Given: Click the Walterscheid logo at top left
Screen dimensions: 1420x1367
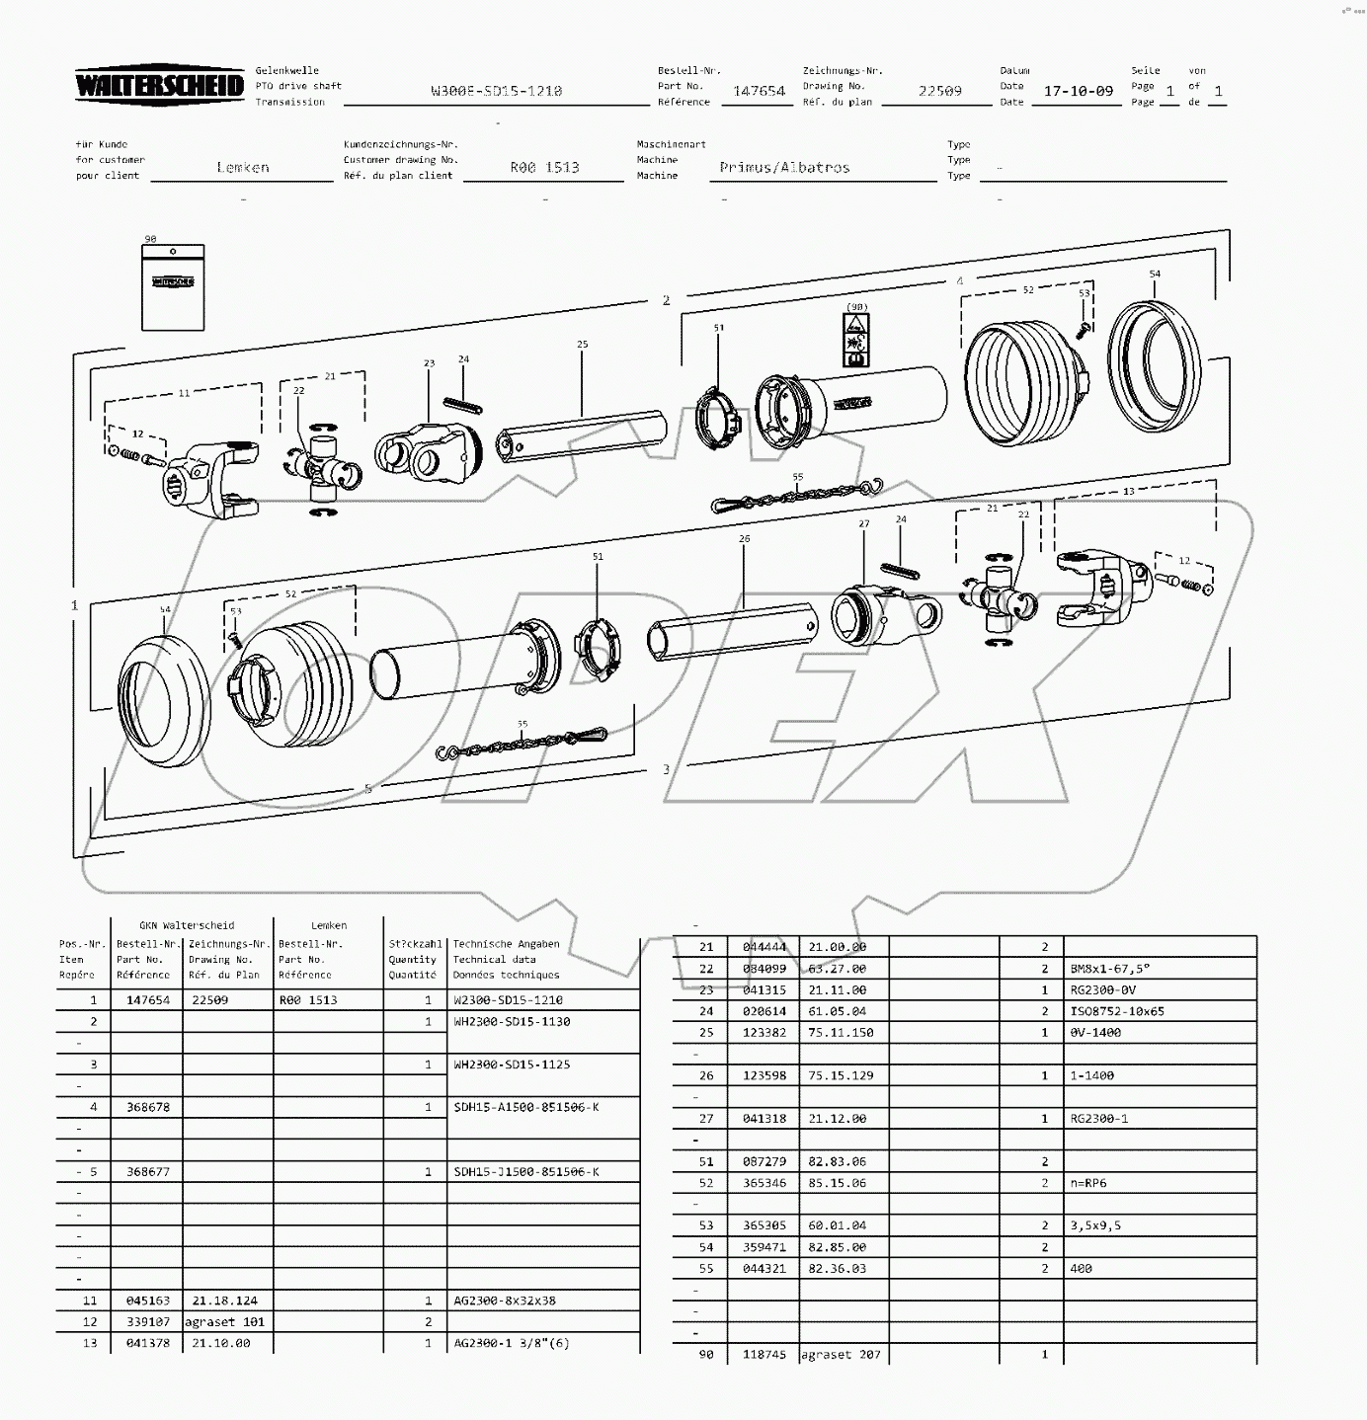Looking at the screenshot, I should coord(159,86).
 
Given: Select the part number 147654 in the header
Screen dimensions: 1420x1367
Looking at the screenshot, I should coord(759,91).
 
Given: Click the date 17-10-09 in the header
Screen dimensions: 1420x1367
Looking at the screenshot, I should coord(1078,91).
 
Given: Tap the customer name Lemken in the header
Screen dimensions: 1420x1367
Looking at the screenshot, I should coord(243,167).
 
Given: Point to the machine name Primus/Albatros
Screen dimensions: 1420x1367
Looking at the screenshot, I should coord(784,167).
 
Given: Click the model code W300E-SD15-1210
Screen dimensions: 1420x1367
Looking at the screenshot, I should coord(496,91).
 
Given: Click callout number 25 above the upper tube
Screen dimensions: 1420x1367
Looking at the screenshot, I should coord(582,345).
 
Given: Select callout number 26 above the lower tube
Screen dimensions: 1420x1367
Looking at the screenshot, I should coord(744,538).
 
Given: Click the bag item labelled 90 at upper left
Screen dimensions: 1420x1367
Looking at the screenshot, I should coord(173,286).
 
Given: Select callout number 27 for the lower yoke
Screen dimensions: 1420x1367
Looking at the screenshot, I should coord(863,524).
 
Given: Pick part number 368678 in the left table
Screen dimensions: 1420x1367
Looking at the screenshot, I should coord(147,1107).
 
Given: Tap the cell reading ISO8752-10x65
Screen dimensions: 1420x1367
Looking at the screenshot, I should coord(1116,1011).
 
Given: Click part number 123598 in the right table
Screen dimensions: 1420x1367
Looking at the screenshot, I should coord(764,1075).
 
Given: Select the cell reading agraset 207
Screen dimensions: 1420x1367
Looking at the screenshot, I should coord(840,1355).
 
